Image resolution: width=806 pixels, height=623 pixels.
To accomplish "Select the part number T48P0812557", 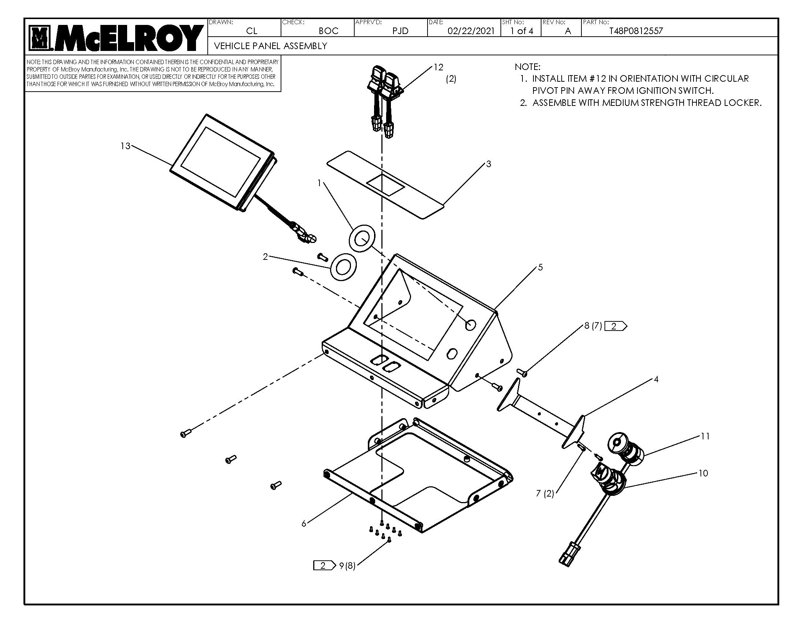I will tap(636, 31).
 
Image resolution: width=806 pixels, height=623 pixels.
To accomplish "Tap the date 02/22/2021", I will tap(470, 31).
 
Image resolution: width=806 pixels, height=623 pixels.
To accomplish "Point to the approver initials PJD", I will tap(400, 31).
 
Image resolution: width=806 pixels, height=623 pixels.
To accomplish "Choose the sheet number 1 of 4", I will tap(521, 31).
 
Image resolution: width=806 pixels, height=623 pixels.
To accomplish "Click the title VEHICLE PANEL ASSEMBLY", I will tap(270, 46).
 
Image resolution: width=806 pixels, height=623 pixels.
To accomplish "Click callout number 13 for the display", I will tap(125, 146).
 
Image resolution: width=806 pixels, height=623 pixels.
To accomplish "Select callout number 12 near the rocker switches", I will tap(438, 67).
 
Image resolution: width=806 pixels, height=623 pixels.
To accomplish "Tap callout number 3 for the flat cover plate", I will tap(488, 164).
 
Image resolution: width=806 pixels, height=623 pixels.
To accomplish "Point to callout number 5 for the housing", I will tap(540, 268).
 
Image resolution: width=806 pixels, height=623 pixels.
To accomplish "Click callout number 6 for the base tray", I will tap(304, 524).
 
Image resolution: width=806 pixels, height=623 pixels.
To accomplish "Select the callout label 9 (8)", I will tap(347, 566).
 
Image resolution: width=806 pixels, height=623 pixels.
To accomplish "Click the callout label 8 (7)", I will tap(593, 326).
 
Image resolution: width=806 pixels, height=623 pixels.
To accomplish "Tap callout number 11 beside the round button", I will tap(705, 436).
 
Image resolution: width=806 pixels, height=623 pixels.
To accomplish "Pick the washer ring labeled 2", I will tap(343, 266).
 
